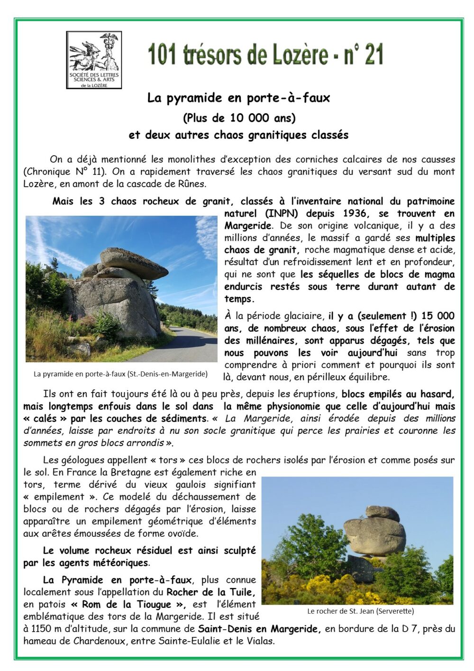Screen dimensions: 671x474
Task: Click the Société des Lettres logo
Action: [x=94, y=60]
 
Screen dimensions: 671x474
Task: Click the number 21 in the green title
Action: [x=374, y=55]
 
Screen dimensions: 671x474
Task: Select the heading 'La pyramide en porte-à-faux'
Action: [x=238, y=98]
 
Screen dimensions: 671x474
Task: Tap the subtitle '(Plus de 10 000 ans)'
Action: [x=239, y=118]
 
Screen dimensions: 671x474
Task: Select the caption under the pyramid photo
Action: [x=120, y=374]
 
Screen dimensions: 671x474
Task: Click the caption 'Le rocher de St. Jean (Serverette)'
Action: [x=360, y=611]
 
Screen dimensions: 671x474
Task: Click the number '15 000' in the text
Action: [x=438, y=316]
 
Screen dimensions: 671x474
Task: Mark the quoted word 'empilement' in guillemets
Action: [x=60, y=497]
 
